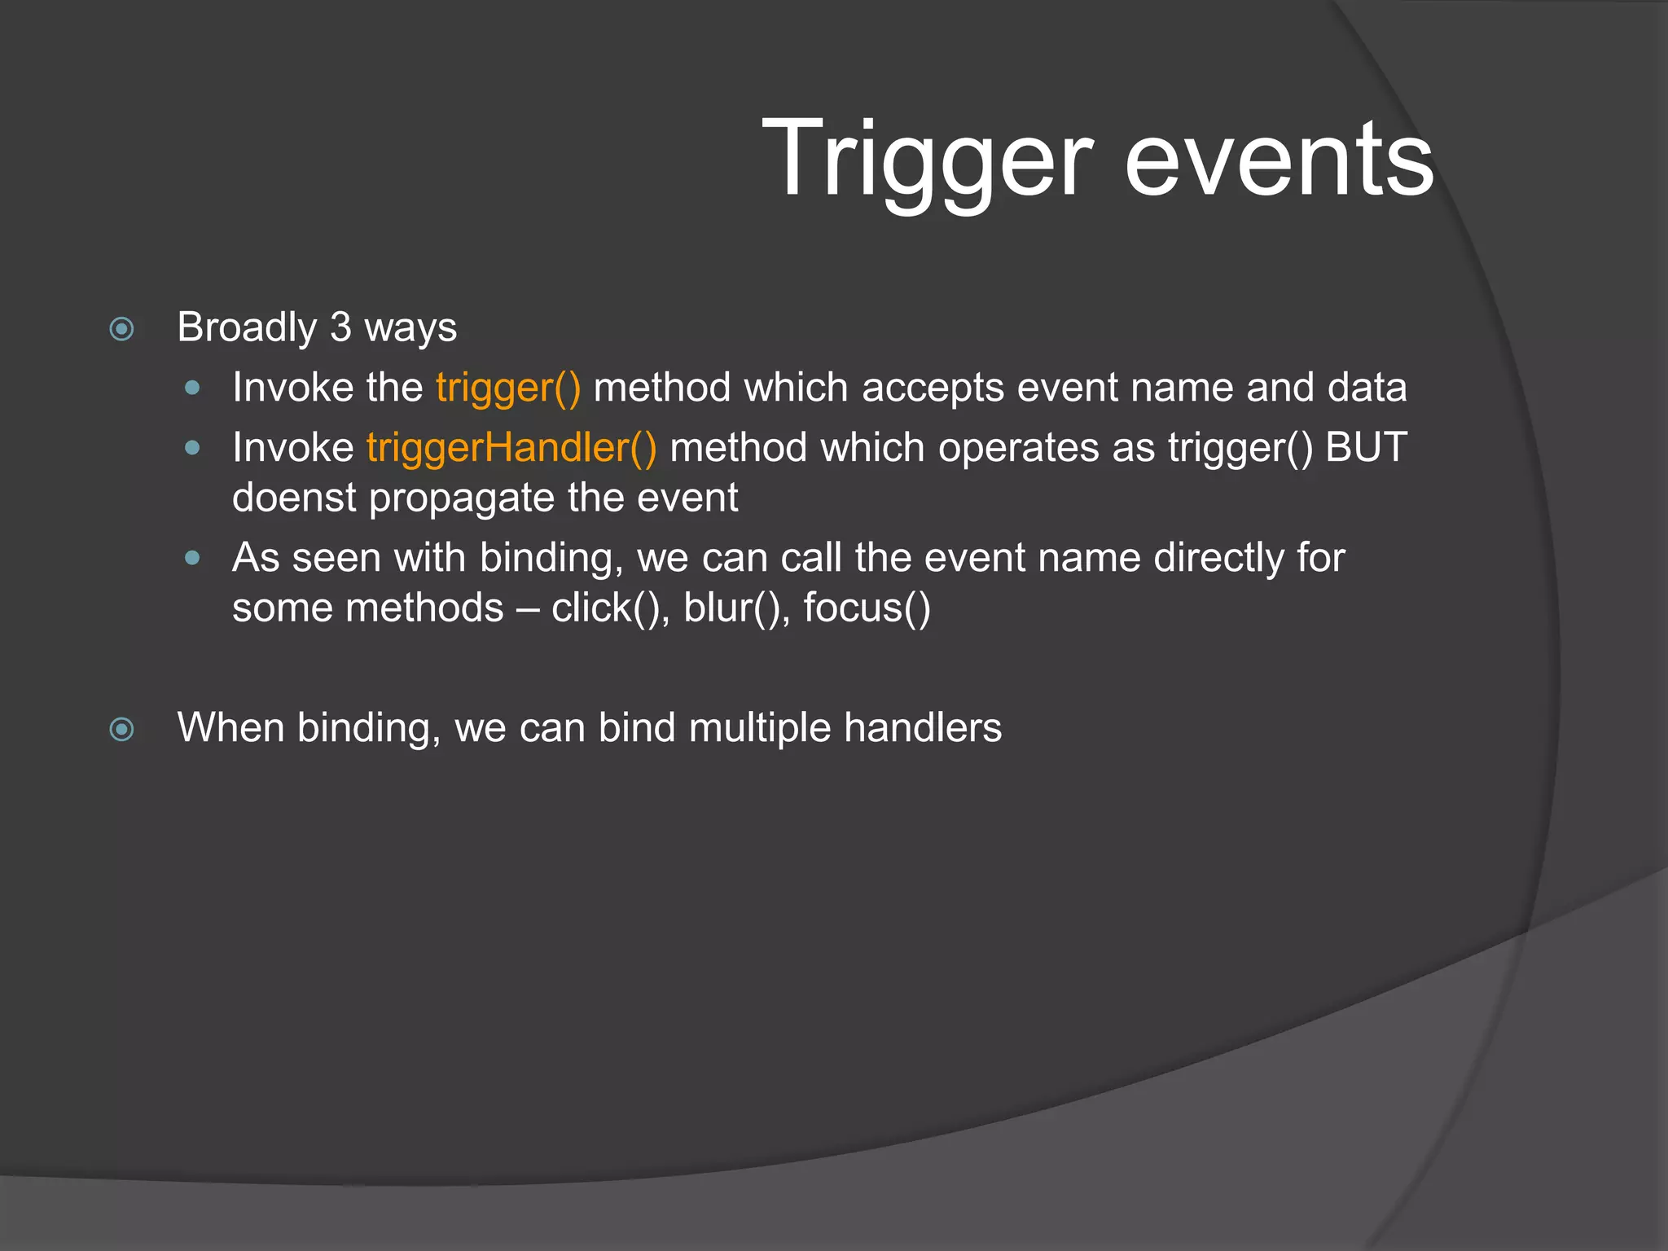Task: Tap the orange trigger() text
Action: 508,388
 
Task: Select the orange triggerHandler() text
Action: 511,448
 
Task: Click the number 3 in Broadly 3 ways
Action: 340,327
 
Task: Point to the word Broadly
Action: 247,327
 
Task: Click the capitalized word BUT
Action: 1366,448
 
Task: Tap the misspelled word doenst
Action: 294,498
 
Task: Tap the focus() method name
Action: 867,608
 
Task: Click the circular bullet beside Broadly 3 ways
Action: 122,329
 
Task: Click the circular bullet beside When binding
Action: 122,729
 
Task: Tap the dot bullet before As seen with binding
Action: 193,559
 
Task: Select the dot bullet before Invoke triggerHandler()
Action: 193,448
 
